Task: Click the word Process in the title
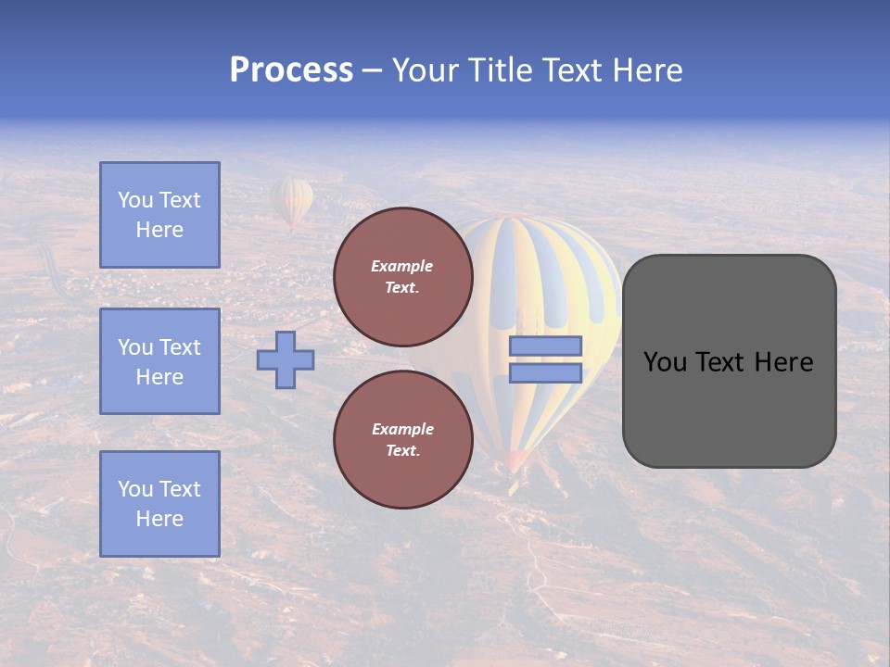(291, 70)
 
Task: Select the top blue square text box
(159, 215)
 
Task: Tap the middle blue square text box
(159, 361)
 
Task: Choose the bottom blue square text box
(159, 504)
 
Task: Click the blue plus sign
(286, 359)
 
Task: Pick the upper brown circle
(402, 277)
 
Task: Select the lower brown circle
(402, 440)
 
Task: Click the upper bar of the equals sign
(545, 346)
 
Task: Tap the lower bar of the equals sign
(545, 373)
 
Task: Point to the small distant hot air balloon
(292, 201)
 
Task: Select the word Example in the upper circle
(402, 266)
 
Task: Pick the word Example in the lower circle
(402, 429)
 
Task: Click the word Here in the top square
(159, 230)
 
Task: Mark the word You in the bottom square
(135, 489)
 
